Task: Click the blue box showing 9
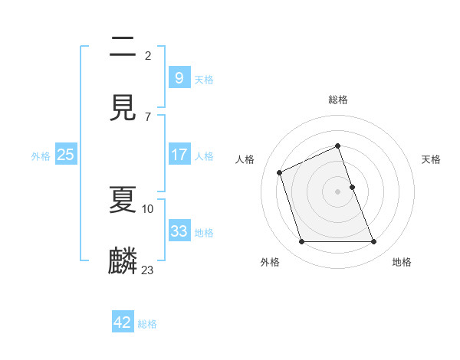point(179,77)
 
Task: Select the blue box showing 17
point(179,155)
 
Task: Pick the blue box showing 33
point(179,231)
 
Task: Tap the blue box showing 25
point(65,155)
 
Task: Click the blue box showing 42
point(123,322)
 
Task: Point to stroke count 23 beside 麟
point(148,270)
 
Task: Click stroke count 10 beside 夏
point(148,208)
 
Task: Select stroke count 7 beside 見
point(147,116)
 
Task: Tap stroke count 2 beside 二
point(148,55)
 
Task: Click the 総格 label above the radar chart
point(338,100)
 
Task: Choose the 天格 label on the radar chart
point(432,159)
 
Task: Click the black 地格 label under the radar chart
point(402,262)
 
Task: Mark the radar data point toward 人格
point(281,172)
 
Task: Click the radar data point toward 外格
point(301,242)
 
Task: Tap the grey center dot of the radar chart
point(338,191)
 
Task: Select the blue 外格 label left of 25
point(41,155)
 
